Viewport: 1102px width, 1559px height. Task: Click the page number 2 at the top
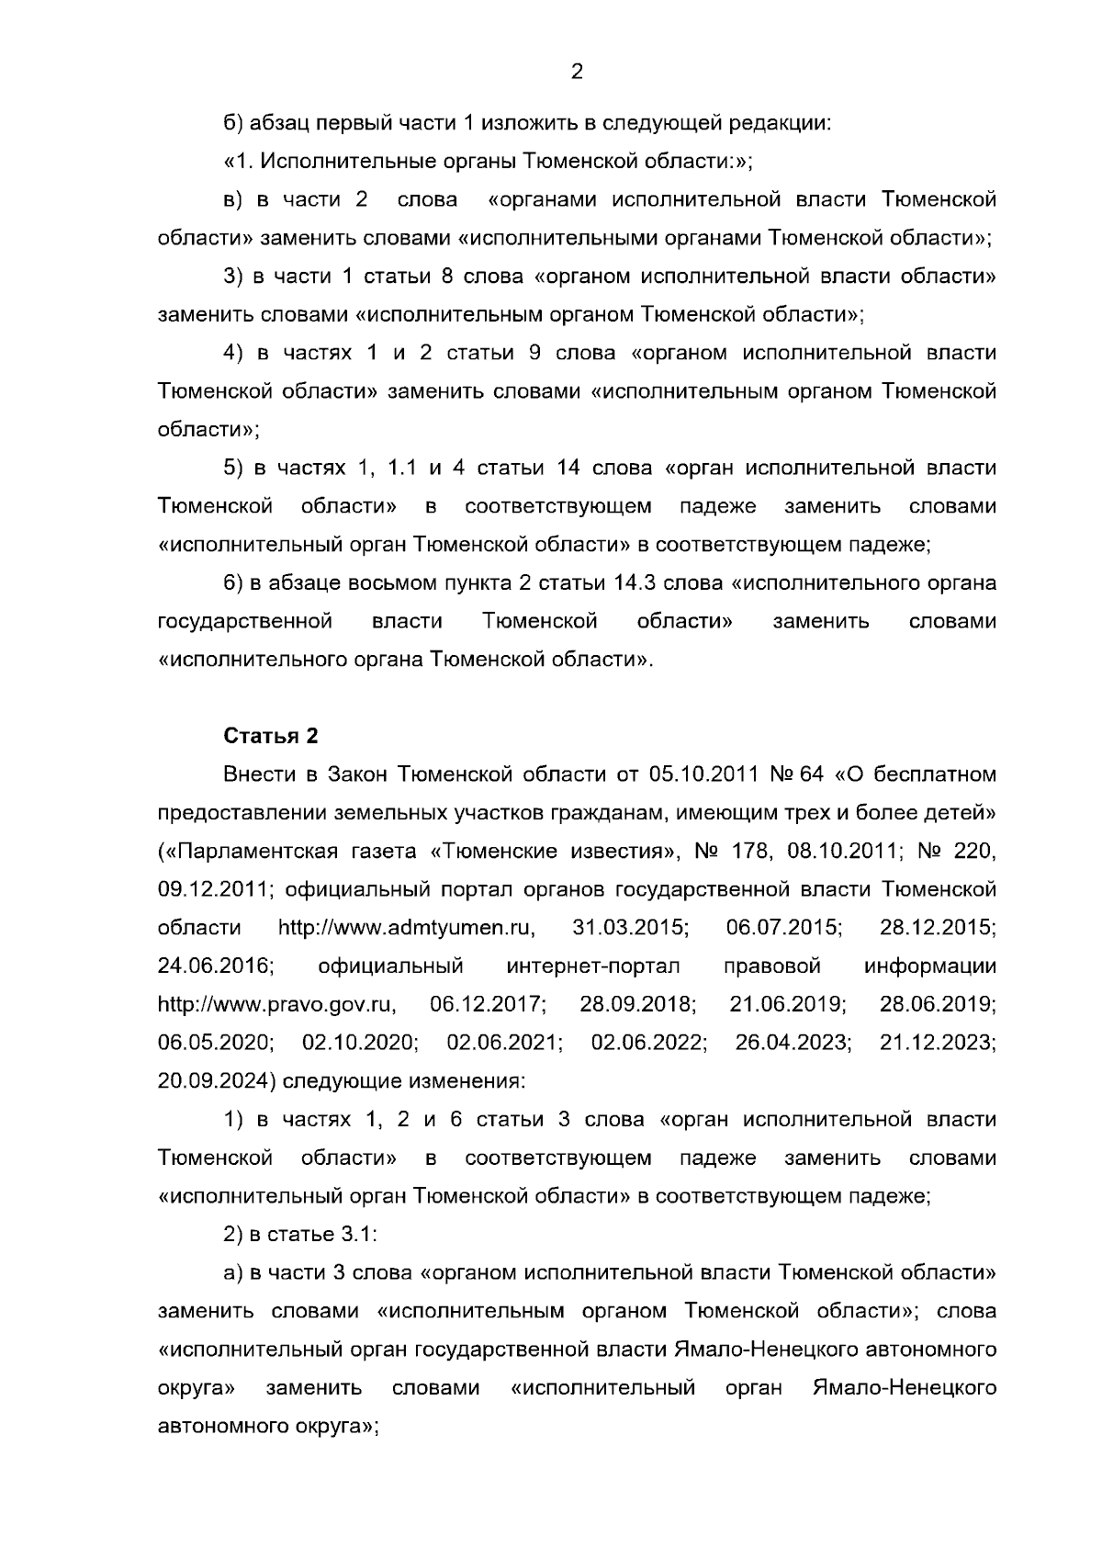pyautogui.click(x=577, y=72)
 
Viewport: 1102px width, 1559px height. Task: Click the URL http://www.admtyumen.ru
pyautogui.click(x=407, y=928)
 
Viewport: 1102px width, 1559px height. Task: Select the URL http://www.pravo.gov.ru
pyautogui.click(x=276, y=1004)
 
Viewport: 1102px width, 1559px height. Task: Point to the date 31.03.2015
pyautogui.click(x=630, y=928)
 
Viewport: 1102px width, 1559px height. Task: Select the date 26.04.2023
pyautogui.click(x=793, y=1043)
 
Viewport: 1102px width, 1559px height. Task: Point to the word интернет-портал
pyautogui.click(x=592, y=966)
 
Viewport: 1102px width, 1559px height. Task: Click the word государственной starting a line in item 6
pyautogui.click(x=245, y=622)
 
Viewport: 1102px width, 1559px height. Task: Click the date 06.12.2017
pyautogui.click(x=489, y=1004)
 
